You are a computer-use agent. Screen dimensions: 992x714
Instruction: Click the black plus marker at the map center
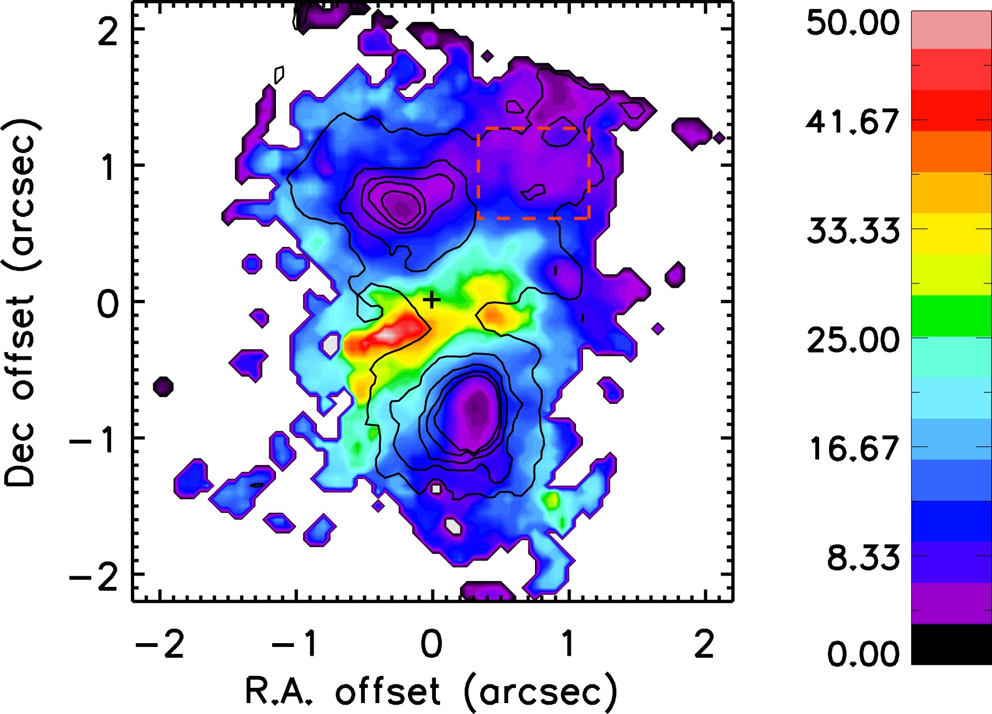point(431,300)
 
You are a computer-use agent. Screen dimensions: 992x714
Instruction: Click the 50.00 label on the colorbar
point(853,23)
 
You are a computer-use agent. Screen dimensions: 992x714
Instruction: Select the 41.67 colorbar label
point(853,122)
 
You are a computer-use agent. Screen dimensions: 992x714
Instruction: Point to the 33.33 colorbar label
point(853,231)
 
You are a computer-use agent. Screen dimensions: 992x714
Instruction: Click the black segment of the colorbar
point(951,644)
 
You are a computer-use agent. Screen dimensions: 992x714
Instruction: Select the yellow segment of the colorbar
point(951,234)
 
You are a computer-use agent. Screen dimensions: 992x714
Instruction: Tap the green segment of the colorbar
point(951,316)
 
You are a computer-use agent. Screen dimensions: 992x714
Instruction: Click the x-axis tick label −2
point(159,644)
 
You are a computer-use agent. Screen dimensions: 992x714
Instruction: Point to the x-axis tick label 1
point(568,644)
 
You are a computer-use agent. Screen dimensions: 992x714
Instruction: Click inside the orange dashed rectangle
point(533,173)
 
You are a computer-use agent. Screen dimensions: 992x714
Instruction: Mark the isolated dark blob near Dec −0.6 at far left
point(163,386)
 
